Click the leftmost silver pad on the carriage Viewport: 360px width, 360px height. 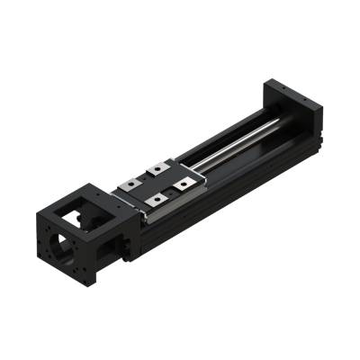pyautogui.click(x=132, y=184)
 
